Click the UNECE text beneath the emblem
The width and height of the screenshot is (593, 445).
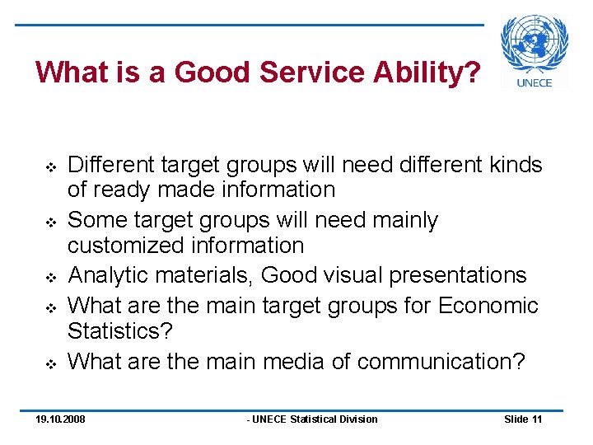[x=535, y=82]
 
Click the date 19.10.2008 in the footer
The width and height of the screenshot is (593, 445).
[x=60, y=419]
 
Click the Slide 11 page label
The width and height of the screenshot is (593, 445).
[x=523, y=419]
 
